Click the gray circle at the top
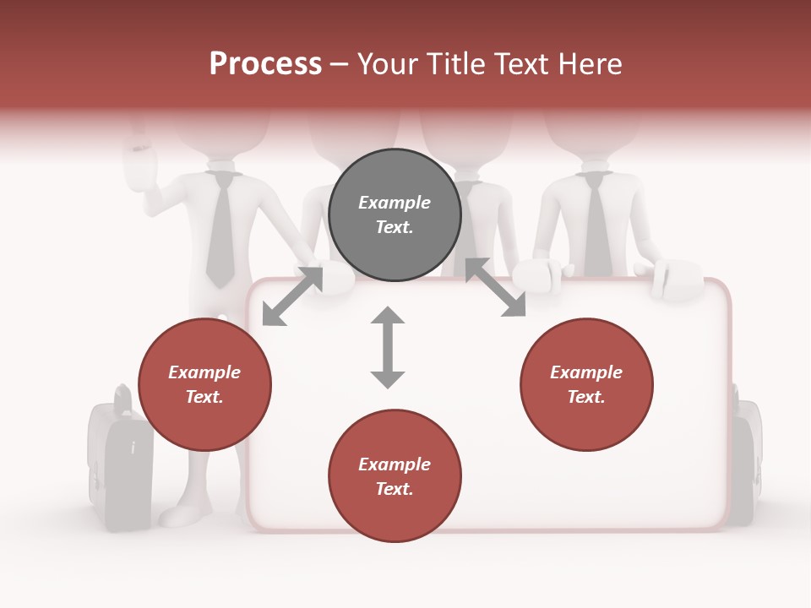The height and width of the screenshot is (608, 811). point(395,215)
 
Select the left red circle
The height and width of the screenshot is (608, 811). point(204,385)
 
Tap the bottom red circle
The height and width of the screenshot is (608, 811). point(395,476)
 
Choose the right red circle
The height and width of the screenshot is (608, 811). point(586,385)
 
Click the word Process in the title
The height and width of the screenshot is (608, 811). point(265,64)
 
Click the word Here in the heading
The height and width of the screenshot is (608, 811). point(588,64)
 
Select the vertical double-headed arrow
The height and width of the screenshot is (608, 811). point(388,347)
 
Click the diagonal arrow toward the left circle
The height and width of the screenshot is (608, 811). point(292,296)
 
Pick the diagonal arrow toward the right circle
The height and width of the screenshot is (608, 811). point(495,287)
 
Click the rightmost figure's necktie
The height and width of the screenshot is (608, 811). point(597,224)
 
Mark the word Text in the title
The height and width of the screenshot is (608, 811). point(519,64)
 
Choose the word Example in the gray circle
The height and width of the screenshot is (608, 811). point(395,203)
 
